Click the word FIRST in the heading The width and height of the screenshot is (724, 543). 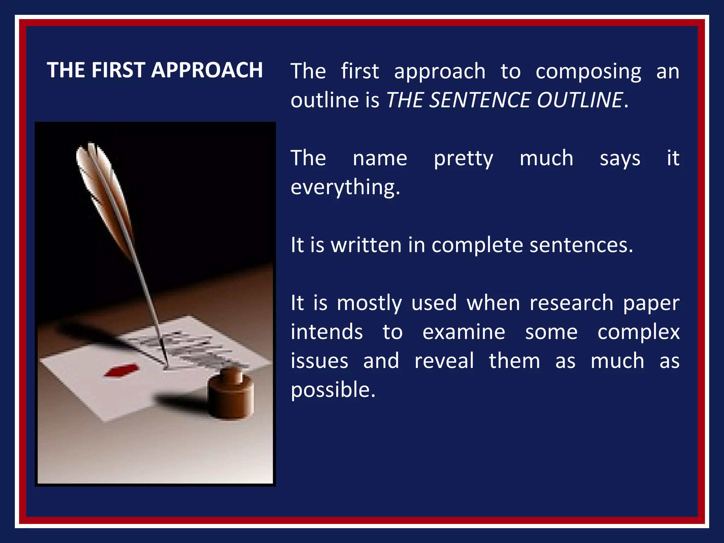click(118, 70)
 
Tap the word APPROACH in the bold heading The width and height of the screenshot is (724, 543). click(207, 70)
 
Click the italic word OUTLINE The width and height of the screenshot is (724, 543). click(579, 100)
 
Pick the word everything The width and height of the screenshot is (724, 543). click(345, 187)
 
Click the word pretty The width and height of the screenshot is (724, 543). click(463, 159)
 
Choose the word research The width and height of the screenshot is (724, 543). click(571, 303)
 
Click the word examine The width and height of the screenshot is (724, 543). click(464, 332)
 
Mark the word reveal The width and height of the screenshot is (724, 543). click(444, 361)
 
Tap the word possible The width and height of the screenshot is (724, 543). click(333, 390)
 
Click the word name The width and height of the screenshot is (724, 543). click(380, 158)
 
